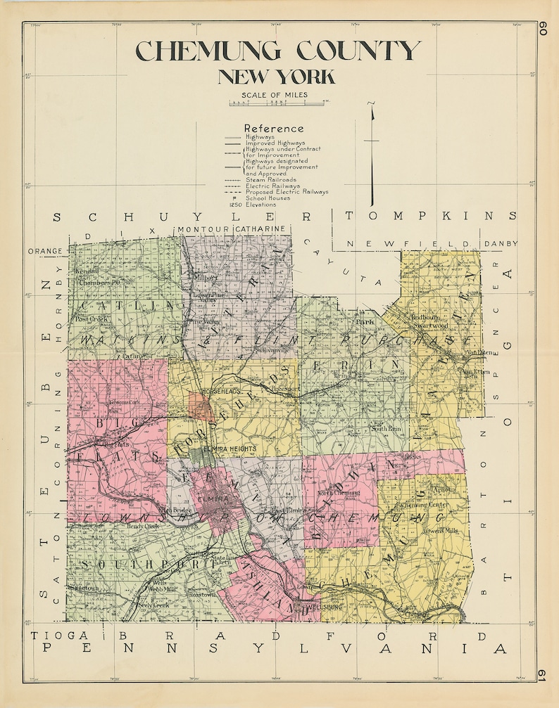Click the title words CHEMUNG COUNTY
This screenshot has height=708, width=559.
point(278,52)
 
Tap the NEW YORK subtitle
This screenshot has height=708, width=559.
point(276,77)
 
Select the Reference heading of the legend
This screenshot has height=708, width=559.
point(274,129)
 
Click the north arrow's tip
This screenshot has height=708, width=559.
point(372,104)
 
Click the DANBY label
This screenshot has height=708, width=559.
point(501,244)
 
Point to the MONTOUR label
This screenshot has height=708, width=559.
point(201,229)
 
